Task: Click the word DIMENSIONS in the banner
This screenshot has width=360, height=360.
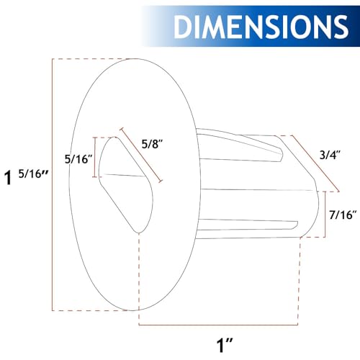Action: coord(261,27)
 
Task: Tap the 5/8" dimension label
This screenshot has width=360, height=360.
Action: coord(152,144)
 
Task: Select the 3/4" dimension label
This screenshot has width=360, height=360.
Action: coord(330,155)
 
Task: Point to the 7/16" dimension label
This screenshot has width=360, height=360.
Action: coord(343,215)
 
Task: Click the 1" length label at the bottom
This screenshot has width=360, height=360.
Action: coord(225,345)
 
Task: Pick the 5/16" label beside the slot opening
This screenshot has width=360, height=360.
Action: coord(78,159)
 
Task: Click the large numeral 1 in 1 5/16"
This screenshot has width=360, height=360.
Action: coord(8,178)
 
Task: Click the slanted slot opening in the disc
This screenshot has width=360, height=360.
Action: coord(126,185)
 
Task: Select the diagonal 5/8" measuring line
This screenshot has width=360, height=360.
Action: coord(141,155)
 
